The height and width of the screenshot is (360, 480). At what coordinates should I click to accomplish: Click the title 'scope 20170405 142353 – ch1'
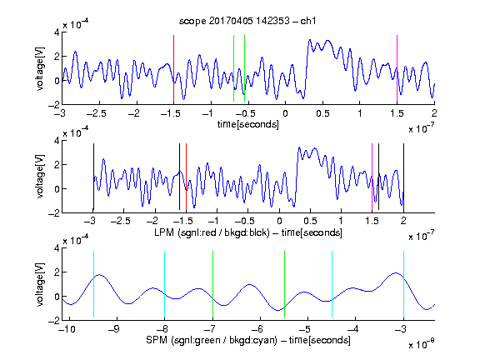[x=247, y=21]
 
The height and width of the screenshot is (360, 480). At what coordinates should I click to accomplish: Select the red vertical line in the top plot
[x=173, y=68]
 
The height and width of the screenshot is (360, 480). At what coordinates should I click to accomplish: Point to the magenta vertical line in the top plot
[x=397, y=68]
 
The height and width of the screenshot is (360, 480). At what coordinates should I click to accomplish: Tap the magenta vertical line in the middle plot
[x=372, y=177]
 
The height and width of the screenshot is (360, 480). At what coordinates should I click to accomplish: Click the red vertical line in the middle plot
[x=186, y=177]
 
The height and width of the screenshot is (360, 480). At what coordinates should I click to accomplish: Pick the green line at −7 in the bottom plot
[x=212, y=284]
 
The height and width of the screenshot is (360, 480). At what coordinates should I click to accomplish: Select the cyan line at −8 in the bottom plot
[x=164, y=284]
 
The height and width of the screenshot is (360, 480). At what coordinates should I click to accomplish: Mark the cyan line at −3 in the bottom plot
[x=403, y=284]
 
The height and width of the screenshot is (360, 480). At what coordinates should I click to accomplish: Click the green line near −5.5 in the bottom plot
[x=284, y=284]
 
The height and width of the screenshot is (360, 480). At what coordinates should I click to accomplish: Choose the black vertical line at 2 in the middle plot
[x=403, y=177]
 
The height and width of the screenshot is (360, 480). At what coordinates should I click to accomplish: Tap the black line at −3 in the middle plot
[x=93, y=177]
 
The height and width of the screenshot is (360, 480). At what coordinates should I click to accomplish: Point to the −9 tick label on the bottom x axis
[x=114, y=329]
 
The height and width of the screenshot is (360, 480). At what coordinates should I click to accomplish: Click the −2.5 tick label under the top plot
[x=96, y=113]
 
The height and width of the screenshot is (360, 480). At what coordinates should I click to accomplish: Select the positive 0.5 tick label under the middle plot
[x=310, y=221]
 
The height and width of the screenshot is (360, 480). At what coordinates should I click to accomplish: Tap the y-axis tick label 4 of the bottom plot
[x=57, y=248]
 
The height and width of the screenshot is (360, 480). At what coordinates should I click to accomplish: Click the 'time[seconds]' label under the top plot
[x=248, y=124]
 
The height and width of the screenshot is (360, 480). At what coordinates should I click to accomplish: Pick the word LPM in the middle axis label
[x=164, y=232]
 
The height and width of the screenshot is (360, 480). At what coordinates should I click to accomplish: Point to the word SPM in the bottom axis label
[x=157, y=340]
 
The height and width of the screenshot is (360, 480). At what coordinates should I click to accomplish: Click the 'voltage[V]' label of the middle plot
[x=40, y=177]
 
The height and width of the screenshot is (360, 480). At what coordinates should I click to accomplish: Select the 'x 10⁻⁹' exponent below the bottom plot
[x=422, y=344]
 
